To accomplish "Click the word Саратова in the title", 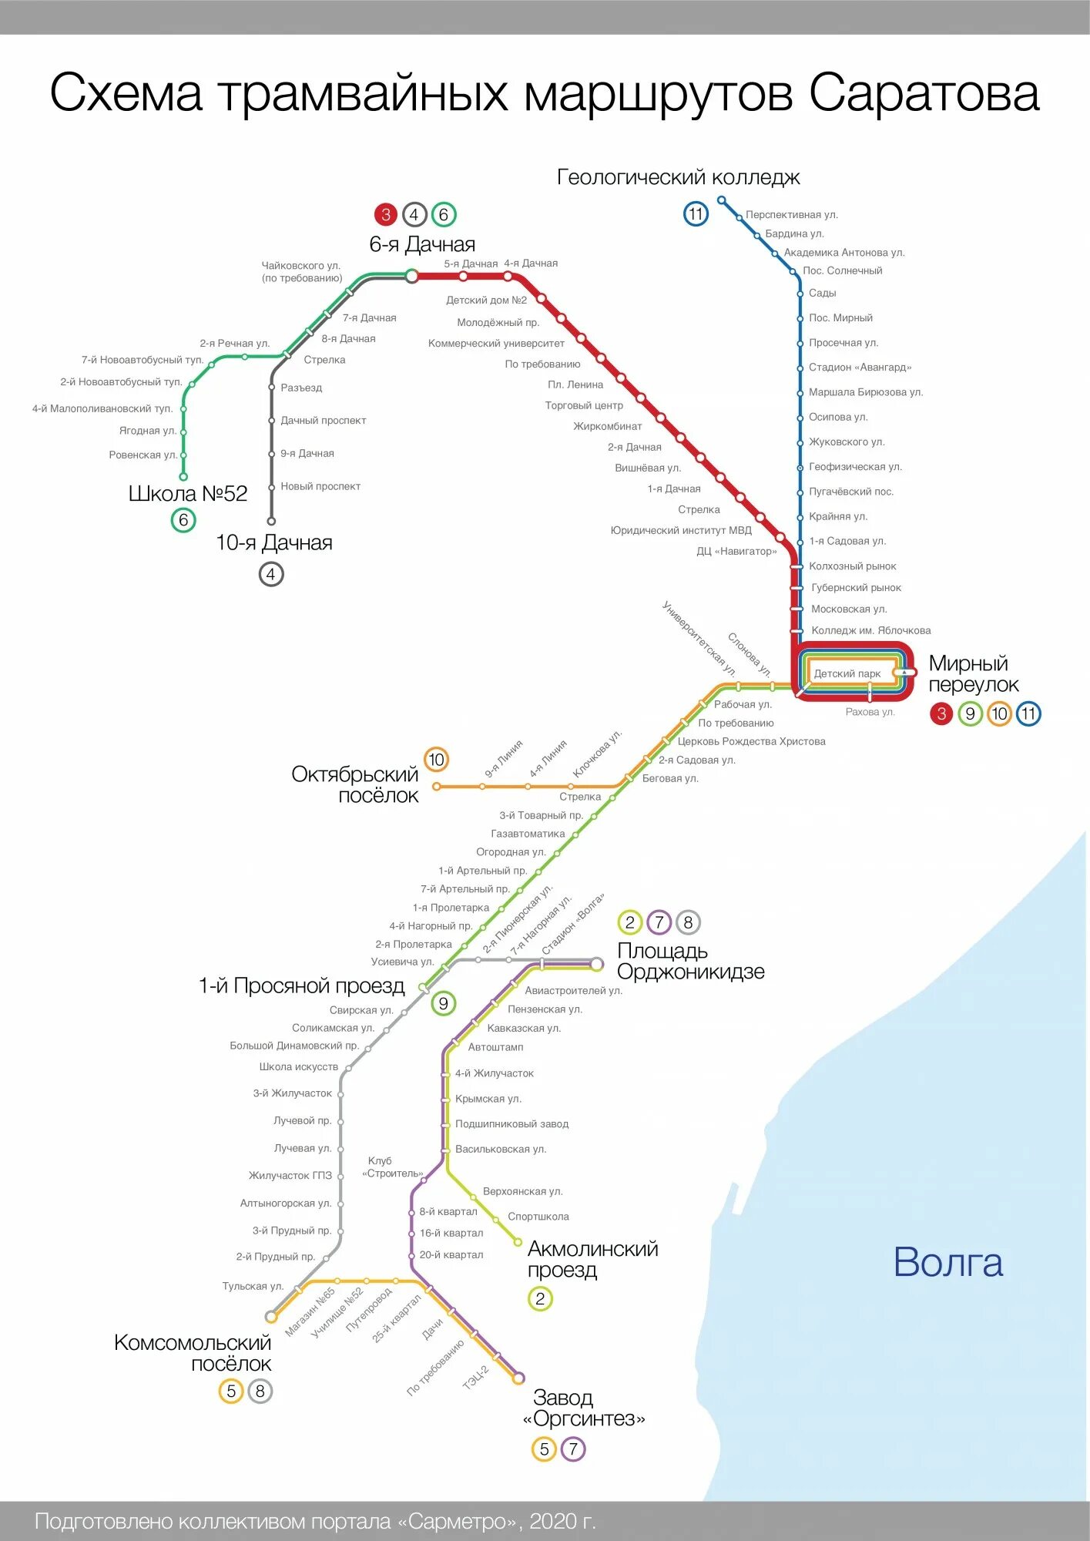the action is coord(924,93).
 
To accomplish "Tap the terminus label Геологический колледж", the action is coord(678,177).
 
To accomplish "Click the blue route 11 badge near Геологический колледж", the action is coord(696,214).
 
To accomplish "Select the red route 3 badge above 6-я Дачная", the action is coord(386,214).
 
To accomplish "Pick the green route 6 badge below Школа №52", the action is coord(183,520).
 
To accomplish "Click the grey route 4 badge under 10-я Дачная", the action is coord(270,574).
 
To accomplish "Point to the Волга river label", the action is coord(947,1263).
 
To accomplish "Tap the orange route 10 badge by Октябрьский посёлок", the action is coord(436,760).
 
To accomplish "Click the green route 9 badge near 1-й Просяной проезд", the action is coord(443,1003).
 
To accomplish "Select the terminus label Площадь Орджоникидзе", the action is coord(690,962).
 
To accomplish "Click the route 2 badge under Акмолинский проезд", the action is coord(540,1299).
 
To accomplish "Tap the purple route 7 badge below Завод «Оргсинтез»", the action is coord(572,1449).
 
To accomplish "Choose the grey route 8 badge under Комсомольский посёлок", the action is coord(260,1392).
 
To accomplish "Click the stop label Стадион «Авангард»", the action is coord(860,368).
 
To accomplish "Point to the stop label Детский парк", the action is coord(847,673).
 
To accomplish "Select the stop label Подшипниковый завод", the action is coord(511,1124).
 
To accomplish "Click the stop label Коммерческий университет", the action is coord(496,344).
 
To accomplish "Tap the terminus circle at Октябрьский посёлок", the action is coord(437,787).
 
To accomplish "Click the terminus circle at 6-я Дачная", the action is coord(412,276).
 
